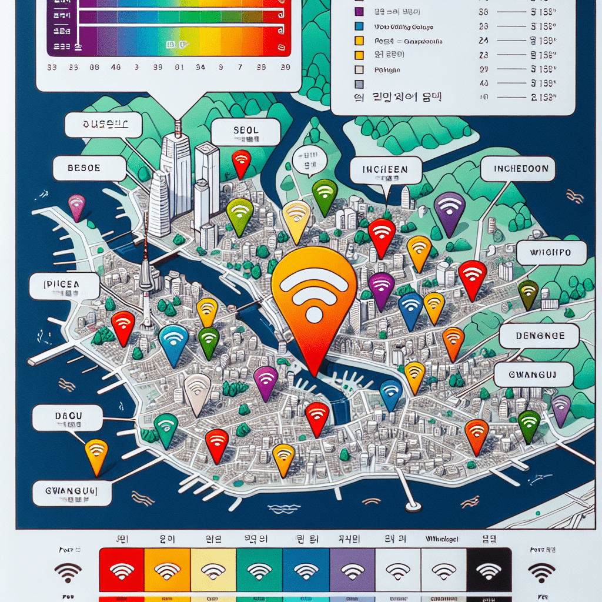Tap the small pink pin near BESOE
point(77,206)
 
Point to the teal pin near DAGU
point(166,428)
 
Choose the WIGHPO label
point(551,253)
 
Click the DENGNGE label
point(539,336)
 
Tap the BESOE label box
point(89,169)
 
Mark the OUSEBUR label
point(103,125)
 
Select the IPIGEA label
point(65,286)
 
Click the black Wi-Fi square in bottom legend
point(490,570)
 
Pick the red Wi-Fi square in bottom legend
point(122,570)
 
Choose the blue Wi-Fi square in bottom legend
point(306,570)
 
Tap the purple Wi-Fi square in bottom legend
point(352,570)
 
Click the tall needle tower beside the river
point(145,276)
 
